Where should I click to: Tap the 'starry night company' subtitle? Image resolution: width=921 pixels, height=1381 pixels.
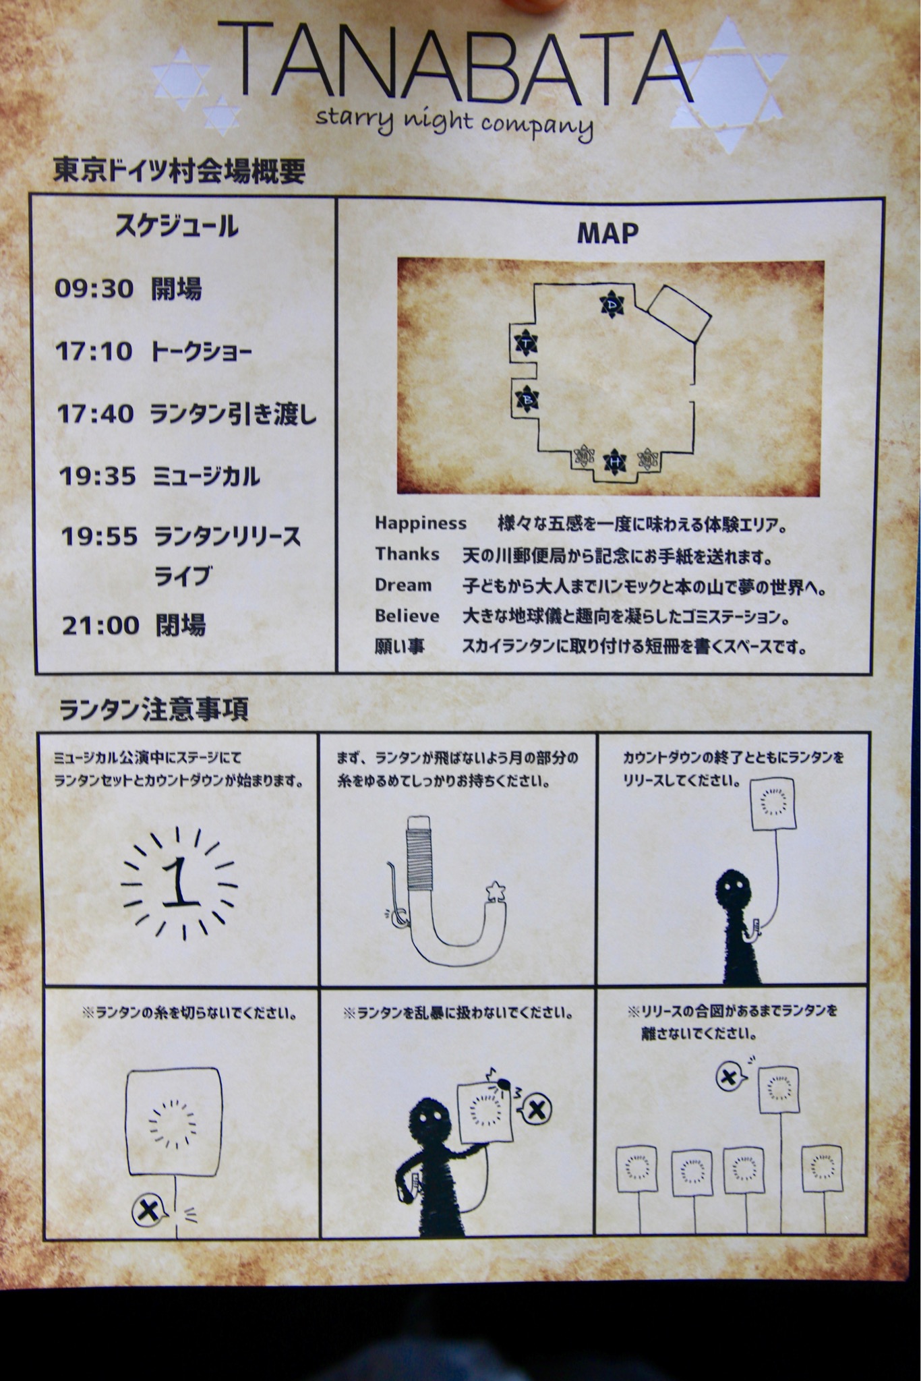click(x=454, y=123)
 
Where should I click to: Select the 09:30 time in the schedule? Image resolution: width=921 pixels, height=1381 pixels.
click(x=94, y=289)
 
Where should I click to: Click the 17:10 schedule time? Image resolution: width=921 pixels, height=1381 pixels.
click(x=94, y=351)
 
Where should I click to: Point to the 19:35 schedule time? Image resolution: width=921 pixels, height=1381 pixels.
click(x=98, y=476)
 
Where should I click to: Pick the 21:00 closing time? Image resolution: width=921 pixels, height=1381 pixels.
click(x=101, y=625)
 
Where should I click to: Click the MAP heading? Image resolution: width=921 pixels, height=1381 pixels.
click(x=607, y=233)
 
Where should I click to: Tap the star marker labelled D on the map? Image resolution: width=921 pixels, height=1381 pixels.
click(x=612, y=305)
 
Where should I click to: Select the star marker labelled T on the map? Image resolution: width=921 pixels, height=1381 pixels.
click(x=525, y=345)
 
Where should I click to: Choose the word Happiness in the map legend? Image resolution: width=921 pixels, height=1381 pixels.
click(x=421, y=523)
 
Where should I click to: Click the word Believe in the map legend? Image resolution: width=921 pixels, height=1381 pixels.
click(x=407, y=616)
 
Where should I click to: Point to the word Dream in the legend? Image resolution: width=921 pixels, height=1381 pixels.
click(x=403, y=585)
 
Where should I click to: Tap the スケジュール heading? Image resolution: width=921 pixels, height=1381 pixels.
click(x=177, y=226)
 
